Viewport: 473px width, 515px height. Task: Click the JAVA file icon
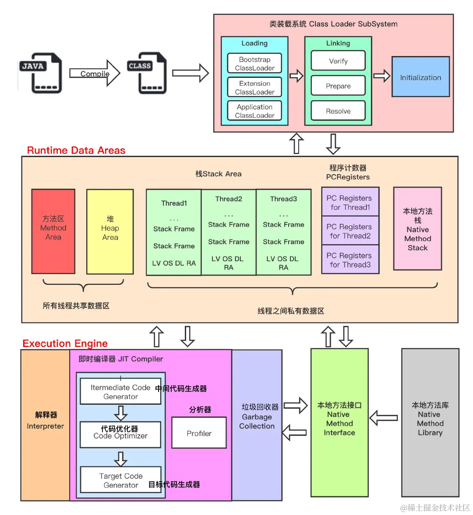41,73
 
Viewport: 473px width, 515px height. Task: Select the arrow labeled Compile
95,74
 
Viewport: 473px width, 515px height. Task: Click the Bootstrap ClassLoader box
254,63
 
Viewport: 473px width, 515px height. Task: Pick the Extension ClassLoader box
254,88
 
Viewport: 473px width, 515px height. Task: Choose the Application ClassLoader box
254,111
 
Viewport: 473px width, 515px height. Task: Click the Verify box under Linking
338,61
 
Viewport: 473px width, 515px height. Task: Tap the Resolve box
338,111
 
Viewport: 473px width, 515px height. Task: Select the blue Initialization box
420,77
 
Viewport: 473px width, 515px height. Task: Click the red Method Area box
53,231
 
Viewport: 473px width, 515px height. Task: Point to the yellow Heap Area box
110,231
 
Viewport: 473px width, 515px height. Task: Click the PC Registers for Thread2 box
350,231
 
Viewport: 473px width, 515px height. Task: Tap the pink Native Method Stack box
417,229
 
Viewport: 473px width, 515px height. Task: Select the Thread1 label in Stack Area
174,203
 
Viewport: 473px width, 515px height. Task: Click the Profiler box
199,433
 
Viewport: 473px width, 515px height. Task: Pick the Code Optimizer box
120,434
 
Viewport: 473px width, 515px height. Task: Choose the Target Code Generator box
120,480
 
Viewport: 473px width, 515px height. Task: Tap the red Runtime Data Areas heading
76,151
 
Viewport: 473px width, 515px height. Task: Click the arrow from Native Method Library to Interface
384,418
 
